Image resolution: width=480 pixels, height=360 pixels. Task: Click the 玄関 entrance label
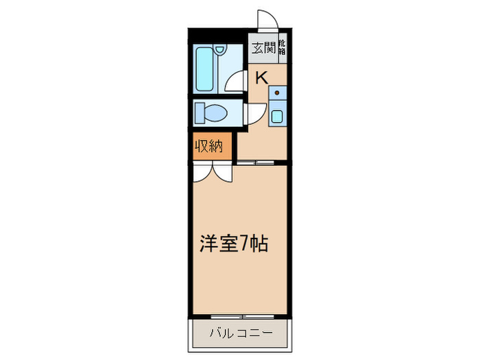(261, 48)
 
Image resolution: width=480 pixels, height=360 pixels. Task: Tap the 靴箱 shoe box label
(282, 49)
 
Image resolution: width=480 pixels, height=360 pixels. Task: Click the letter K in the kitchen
(261, 76)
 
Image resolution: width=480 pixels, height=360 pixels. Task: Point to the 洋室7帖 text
(232, 243)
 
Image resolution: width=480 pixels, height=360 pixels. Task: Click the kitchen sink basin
(277, 115)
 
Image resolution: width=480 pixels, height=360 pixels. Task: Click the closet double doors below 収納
(213, 171)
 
